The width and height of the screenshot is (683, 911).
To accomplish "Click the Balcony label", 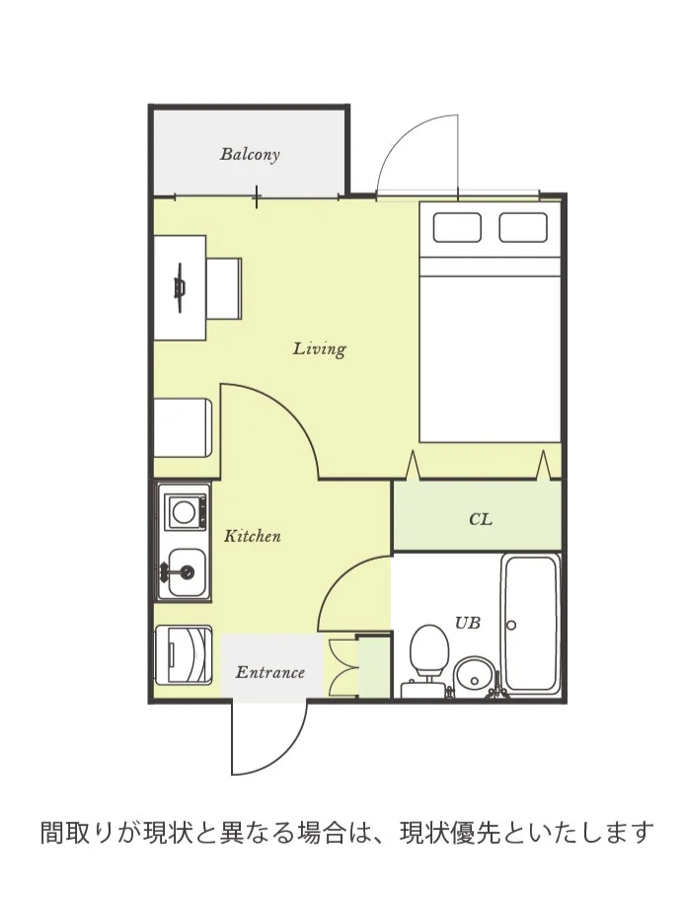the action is click(x=250, y=155).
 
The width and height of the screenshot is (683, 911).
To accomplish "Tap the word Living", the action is click(x=319, y=349).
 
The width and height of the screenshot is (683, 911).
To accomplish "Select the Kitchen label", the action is click(x=252, y=536).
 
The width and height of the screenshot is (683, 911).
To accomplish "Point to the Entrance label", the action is click(x=270, y=672).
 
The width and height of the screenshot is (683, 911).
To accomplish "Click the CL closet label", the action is click(x=481, y=519).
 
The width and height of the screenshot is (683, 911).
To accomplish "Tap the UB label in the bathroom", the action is click(x=468, y=623).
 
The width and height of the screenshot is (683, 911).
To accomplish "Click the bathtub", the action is click(x=531, y=624).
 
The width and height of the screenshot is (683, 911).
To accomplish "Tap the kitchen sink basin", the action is click(x=187, y=572).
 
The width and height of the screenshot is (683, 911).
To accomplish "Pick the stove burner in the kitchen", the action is click(x=186, y=512).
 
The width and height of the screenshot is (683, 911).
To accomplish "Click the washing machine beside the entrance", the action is click(x=183, y=654).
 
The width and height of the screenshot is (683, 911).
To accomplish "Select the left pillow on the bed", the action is click(x=457, y=227).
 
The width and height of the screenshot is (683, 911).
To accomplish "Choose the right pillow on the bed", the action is click(x=523, y=227).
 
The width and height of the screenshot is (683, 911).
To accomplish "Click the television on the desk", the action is click(x=180, y=287).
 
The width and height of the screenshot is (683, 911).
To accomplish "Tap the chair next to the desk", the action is click(x=225, y=289).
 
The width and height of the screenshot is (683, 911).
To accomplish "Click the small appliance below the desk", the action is click(x=183, y=427).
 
